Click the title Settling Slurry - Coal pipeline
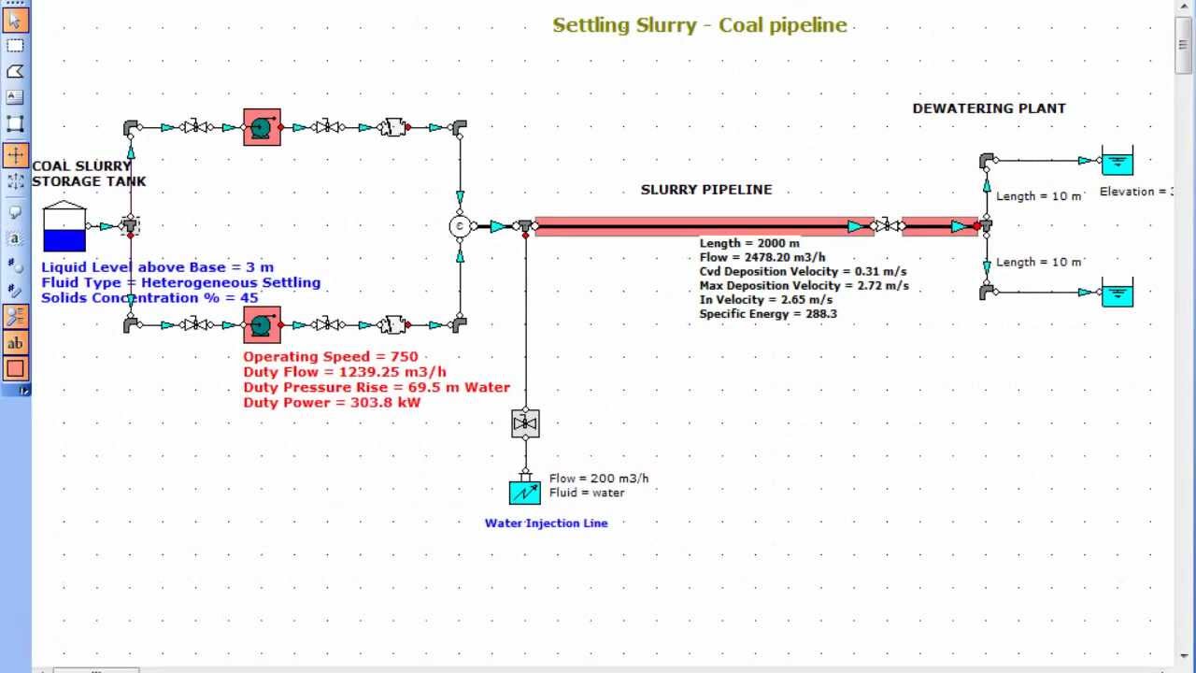pos(699,25)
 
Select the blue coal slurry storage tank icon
pos(64,228)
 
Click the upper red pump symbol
pos(262,127)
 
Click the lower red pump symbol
pos(262,325)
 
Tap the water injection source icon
pos(525,492)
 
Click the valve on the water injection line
pos(525,423)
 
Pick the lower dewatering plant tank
pos(1117,293)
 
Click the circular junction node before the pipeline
pos(460,226)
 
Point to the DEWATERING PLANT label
pos(989,108)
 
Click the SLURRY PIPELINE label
pos(706,190)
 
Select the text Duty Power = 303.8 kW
pos(332,402)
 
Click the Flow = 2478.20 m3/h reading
pos(762,257)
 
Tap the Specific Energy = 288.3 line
pos(768,314)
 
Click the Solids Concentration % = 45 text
pos(149,297)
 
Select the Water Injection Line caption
pos(546,523)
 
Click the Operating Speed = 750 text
pos(331,357)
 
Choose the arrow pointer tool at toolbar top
pos(15,19)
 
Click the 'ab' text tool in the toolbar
pos(15,343)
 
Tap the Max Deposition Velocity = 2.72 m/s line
pos(804,285)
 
